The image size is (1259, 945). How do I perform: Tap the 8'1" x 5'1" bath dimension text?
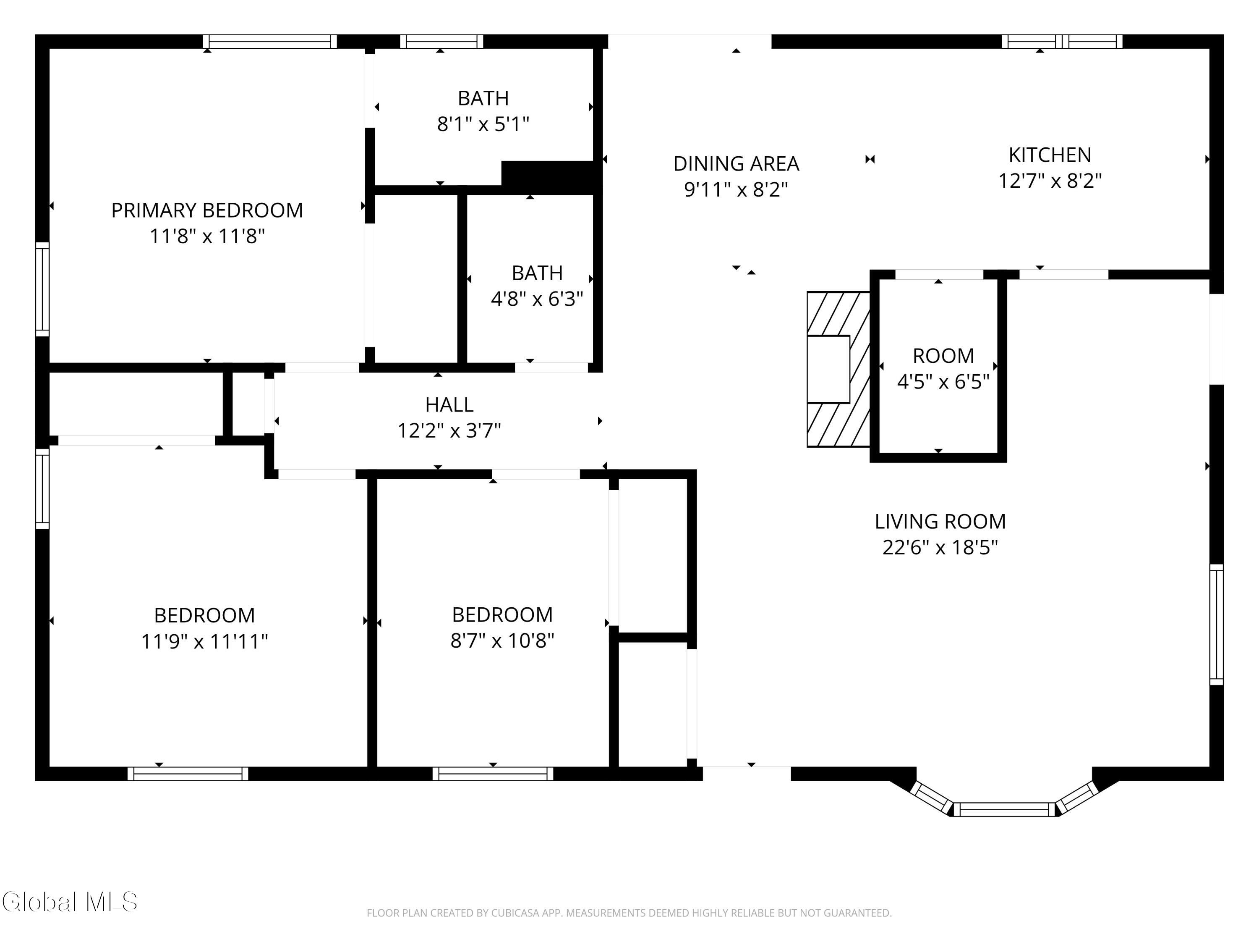(x=483, y=123)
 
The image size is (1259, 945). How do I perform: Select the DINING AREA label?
(x=736, y=163)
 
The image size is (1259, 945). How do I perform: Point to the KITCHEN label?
(x=1050, y=155)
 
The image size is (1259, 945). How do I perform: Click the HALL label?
(x=449, y=404)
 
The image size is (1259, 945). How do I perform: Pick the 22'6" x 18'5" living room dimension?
(x=940, y=547)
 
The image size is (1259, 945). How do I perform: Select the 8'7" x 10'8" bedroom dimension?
(x=502, y=641)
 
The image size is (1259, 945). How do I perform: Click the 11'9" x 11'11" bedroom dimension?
(x=204, y=641)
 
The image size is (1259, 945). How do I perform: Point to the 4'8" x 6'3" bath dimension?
(x=537, y=299)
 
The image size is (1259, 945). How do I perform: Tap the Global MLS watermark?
(x=69, y=902)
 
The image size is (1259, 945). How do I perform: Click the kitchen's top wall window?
(x=1062, y=42)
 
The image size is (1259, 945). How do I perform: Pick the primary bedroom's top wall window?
(x=270, y=42)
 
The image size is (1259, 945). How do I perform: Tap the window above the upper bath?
(x=441, y=42)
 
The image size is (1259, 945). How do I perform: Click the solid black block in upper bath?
(x=551, y=176)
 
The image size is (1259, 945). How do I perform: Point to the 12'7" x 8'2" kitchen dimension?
(x=1050, y=181)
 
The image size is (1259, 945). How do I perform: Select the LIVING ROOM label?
(x=940, y=522)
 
